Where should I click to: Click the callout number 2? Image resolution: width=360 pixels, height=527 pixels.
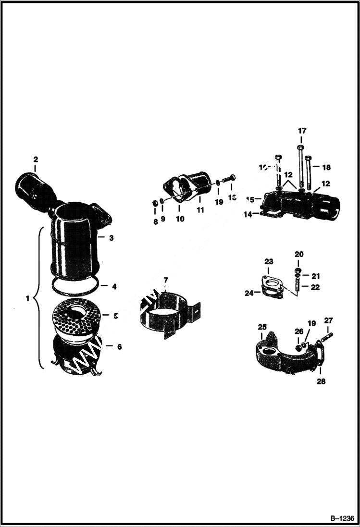click(x=36, y=159)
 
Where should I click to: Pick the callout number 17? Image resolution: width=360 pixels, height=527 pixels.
click(x=302, y=131)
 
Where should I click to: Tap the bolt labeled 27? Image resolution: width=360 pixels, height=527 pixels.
click(x=326, y=337)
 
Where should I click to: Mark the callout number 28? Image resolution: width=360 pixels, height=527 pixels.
click(x=321, y=381)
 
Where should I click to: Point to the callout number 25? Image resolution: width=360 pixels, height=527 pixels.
click(x=262, y=328)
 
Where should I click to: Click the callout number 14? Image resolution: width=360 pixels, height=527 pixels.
click(x=248, y=215)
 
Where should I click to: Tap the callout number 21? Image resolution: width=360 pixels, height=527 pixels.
click(x=315, y=276)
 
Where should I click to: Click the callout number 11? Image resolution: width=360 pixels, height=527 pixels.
click(x=200, y=210)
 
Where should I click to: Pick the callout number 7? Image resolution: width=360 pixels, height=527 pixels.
click(x=166, y=280)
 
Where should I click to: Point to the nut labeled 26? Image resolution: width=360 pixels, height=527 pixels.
click(x=298, y=347)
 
